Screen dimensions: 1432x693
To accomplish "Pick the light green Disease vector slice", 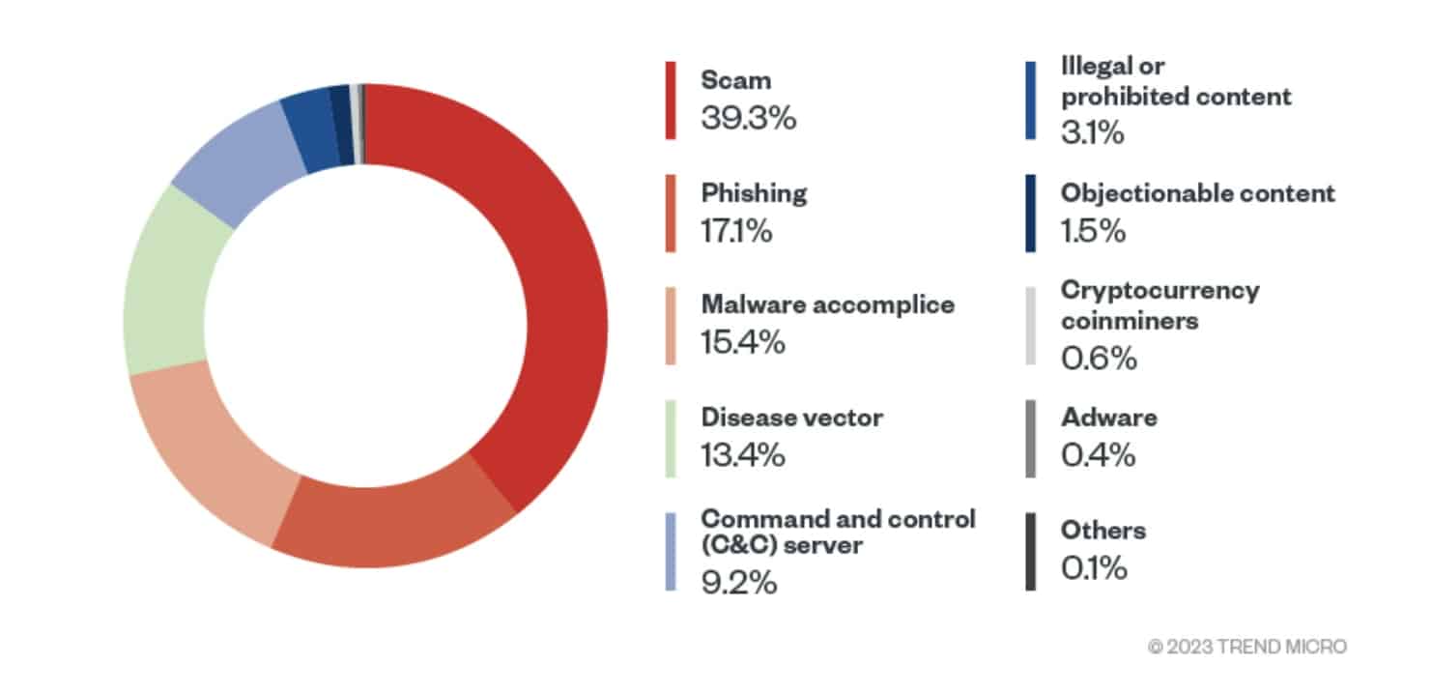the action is click(x=165, y=281).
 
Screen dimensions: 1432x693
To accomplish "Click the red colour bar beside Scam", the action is click(x=671, y=101).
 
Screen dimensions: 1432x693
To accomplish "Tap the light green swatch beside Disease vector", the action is click(x=671, y=439).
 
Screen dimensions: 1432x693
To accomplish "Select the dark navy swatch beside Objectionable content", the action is click(x=1031, y=214).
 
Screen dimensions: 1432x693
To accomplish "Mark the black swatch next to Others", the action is click(x=1031, y=551).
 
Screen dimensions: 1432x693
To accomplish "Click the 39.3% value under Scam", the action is click(x=749, y=118).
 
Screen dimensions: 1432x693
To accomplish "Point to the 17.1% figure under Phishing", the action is click(x=736, y=230).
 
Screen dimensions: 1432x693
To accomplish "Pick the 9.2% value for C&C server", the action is click(x=739, y=583).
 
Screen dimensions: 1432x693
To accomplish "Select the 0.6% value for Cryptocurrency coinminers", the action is click(x=1099, y=358).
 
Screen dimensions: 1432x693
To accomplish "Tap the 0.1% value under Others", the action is click(x=1094, y=567).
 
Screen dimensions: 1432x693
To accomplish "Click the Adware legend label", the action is click(x=1109, y=418).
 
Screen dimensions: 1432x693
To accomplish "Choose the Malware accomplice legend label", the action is click(x=828, y=305).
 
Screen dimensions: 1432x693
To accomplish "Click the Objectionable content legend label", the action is click(x=1198, y=193).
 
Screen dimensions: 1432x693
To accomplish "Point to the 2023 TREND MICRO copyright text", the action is click(x=1247, y=647).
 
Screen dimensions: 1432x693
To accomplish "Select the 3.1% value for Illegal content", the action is click(x=1092, y=132).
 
